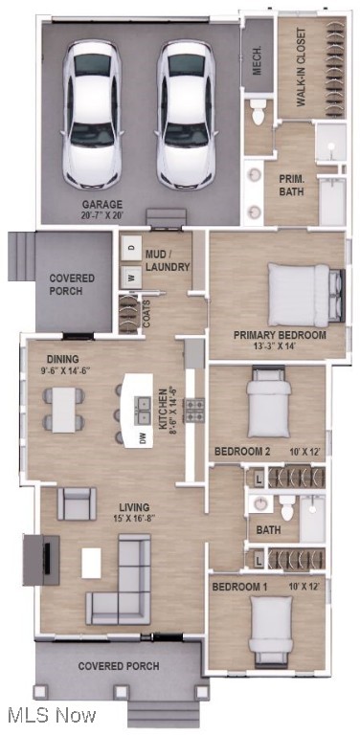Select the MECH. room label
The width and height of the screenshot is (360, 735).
pyautogui.click(x=258, y=60)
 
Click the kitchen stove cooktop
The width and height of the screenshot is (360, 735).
pyautogui.click(x=194, y=411)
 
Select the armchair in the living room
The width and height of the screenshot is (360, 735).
pyautogui.click(x=77, y=503)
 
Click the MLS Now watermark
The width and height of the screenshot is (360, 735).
pyautogui.click(x=50, y=715)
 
